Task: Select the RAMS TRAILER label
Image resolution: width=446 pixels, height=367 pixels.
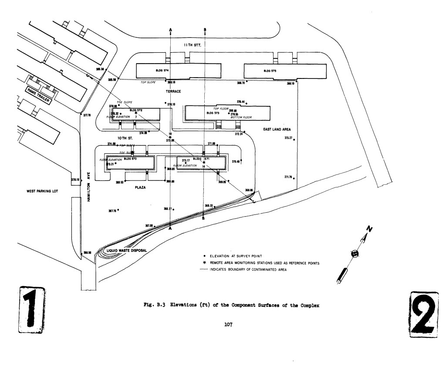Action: [x=39, y=97]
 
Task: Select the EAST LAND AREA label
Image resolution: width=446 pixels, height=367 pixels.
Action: [x=277, y=129]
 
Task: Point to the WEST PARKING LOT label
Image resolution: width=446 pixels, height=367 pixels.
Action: [x=43, y=191]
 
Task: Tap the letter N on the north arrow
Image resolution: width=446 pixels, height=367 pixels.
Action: [x=368, y=229]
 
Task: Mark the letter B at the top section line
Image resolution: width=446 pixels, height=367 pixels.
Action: [x=205, y=29]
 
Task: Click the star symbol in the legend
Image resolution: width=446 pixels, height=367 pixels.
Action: [x=205, y=263]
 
